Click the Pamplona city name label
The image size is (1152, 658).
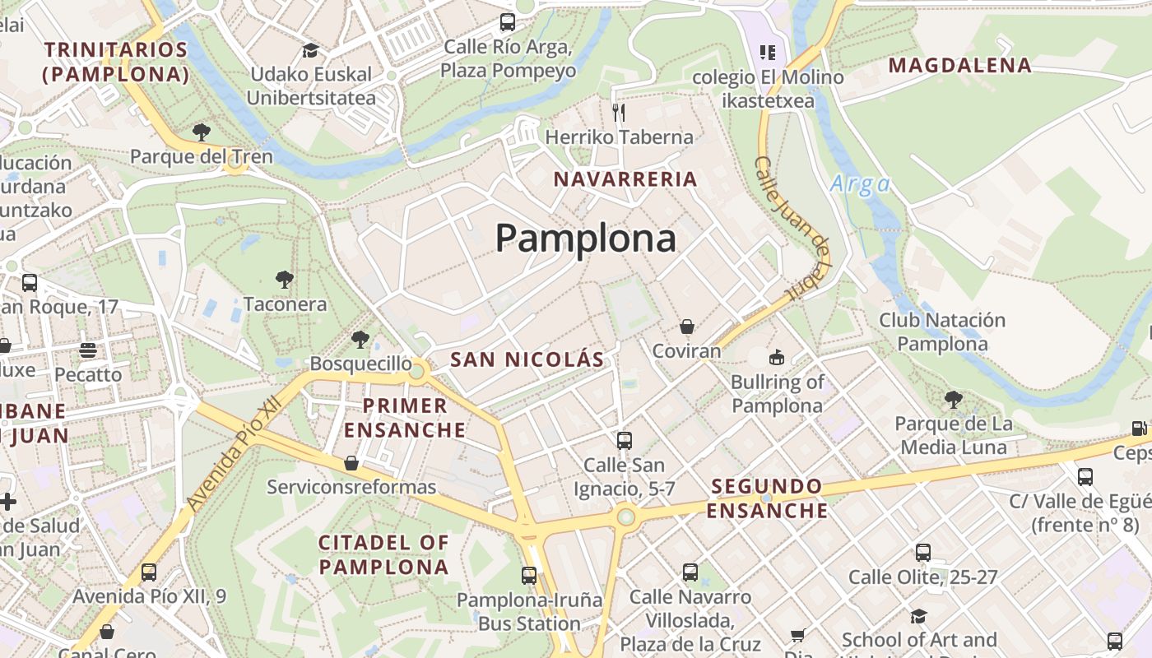585,239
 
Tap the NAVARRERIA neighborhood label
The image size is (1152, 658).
625,179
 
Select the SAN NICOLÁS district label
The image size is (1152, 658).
527,359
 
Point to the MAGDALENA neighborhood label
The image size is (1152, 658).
959,65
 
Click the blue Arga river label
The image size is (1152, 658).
860,183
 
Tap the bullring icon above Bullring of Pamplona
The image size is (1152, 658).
776,357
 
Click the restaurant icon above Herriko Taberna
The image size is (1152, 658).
619,112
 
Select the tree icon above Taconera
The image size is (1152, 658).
285,280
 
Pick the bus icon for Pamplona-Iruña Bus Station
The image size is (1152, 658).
529,576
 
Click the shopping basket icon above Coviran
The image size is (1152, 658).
687,327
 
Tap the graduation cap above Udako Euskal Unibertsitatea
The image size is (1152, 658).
310,50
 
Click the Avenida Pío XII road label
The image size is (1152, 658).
234,455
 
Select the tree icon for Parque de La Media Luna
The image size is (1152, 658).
954,400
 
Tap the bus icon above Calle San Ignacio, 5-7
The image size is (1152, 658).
625,440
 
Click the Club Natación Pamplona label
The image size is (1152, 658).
942,331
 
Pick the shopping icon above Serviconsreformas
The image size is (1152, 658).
351,463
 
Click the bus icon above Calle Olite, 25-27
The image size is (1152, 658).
923,553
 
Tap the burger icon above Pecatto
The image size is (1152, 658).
88,350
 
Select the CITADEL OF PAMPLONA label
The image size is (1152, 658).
383,554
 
